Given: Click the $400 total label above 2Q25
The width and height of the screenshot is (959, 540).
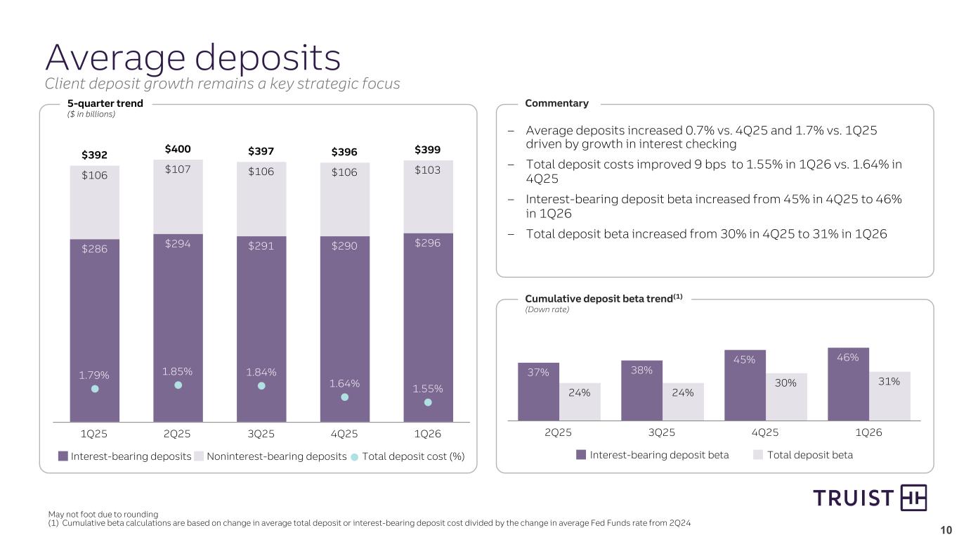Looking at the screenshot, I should [178, 149].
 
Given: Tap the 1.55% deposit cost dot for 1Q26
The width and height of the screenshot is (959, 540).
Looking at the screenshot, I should [428, 403].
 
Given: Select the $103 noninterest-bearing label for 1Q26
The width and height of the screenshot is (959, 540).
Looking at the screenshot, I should [428, 171].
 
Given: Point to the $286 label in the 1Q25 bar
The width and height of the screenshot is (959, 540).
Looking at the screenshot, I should [95, 248].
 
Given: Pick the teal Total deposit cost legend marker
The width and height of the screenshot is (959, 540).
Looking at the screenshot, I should [355, 456].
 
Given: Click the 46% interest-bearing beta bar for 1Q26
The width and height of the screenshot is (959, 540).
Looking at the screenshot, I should [848, 384].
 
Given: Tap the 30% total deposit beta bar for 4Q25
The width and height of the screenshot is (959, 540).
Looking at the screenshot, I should [786, 397].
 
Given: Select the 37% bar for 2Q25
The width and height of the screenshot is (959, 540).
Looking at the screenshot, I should [538, 391].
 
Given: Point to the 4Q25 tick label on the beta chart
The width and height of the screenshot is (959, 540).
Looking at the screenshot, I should [765, 432].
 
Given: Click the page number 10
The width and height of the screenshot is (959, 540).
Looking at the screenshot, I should [946, 529].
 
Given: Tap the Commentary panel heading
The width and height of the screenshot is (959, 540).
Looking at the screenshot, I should [556, 103].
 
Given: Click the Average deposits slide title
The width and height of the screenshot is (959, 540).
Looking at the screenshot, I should [193, 58].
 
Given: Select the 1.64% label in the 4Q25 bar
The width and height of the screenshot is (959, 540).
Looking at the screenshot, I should [344, 383].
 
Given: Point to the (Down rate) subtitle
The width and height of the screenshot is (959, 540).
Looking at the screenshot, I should [546, 309].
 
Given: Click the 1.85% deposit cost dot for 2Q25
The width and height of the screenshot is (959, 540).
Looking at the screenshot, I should [178, 385].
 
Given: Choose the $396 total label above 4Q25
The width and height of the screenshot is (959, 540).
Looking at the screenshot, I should [344, 151].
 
